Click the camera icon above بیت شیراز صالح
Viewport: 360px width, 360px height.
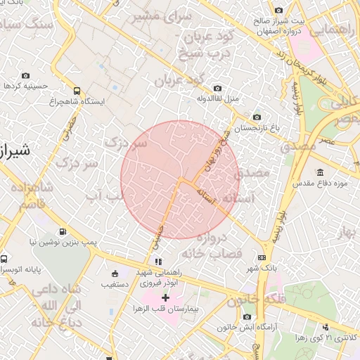279,10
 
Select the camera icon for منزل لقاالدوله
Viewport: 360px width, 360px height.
217,88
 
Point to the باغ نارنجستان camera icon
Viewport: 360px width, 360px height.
256,117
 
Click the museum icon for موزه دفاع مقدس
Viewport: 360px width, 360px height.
320,173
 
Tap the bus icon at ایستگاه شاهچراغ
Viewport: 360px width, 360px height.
77,91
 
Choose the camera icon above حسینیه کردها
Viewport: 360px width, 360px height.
26,75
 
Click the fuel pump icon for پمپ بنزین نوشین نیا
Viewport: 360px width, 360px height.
63,231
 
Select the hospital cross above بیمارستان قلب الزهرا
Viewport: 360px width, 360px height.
165,298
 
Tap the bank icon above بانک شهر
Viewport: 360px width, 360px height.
262,258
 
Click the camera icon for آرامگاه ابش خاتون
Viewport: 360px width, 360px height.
246,317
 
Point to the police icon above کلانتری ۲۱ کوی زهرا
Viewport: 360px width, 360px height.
325,327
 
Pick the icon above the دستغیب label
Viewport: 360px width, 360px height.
115,274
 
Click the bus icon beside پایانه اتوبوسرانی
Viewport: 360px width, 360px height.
6,258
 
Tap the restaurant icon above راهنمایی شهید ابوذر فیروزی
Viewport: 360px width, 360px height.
148,262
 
